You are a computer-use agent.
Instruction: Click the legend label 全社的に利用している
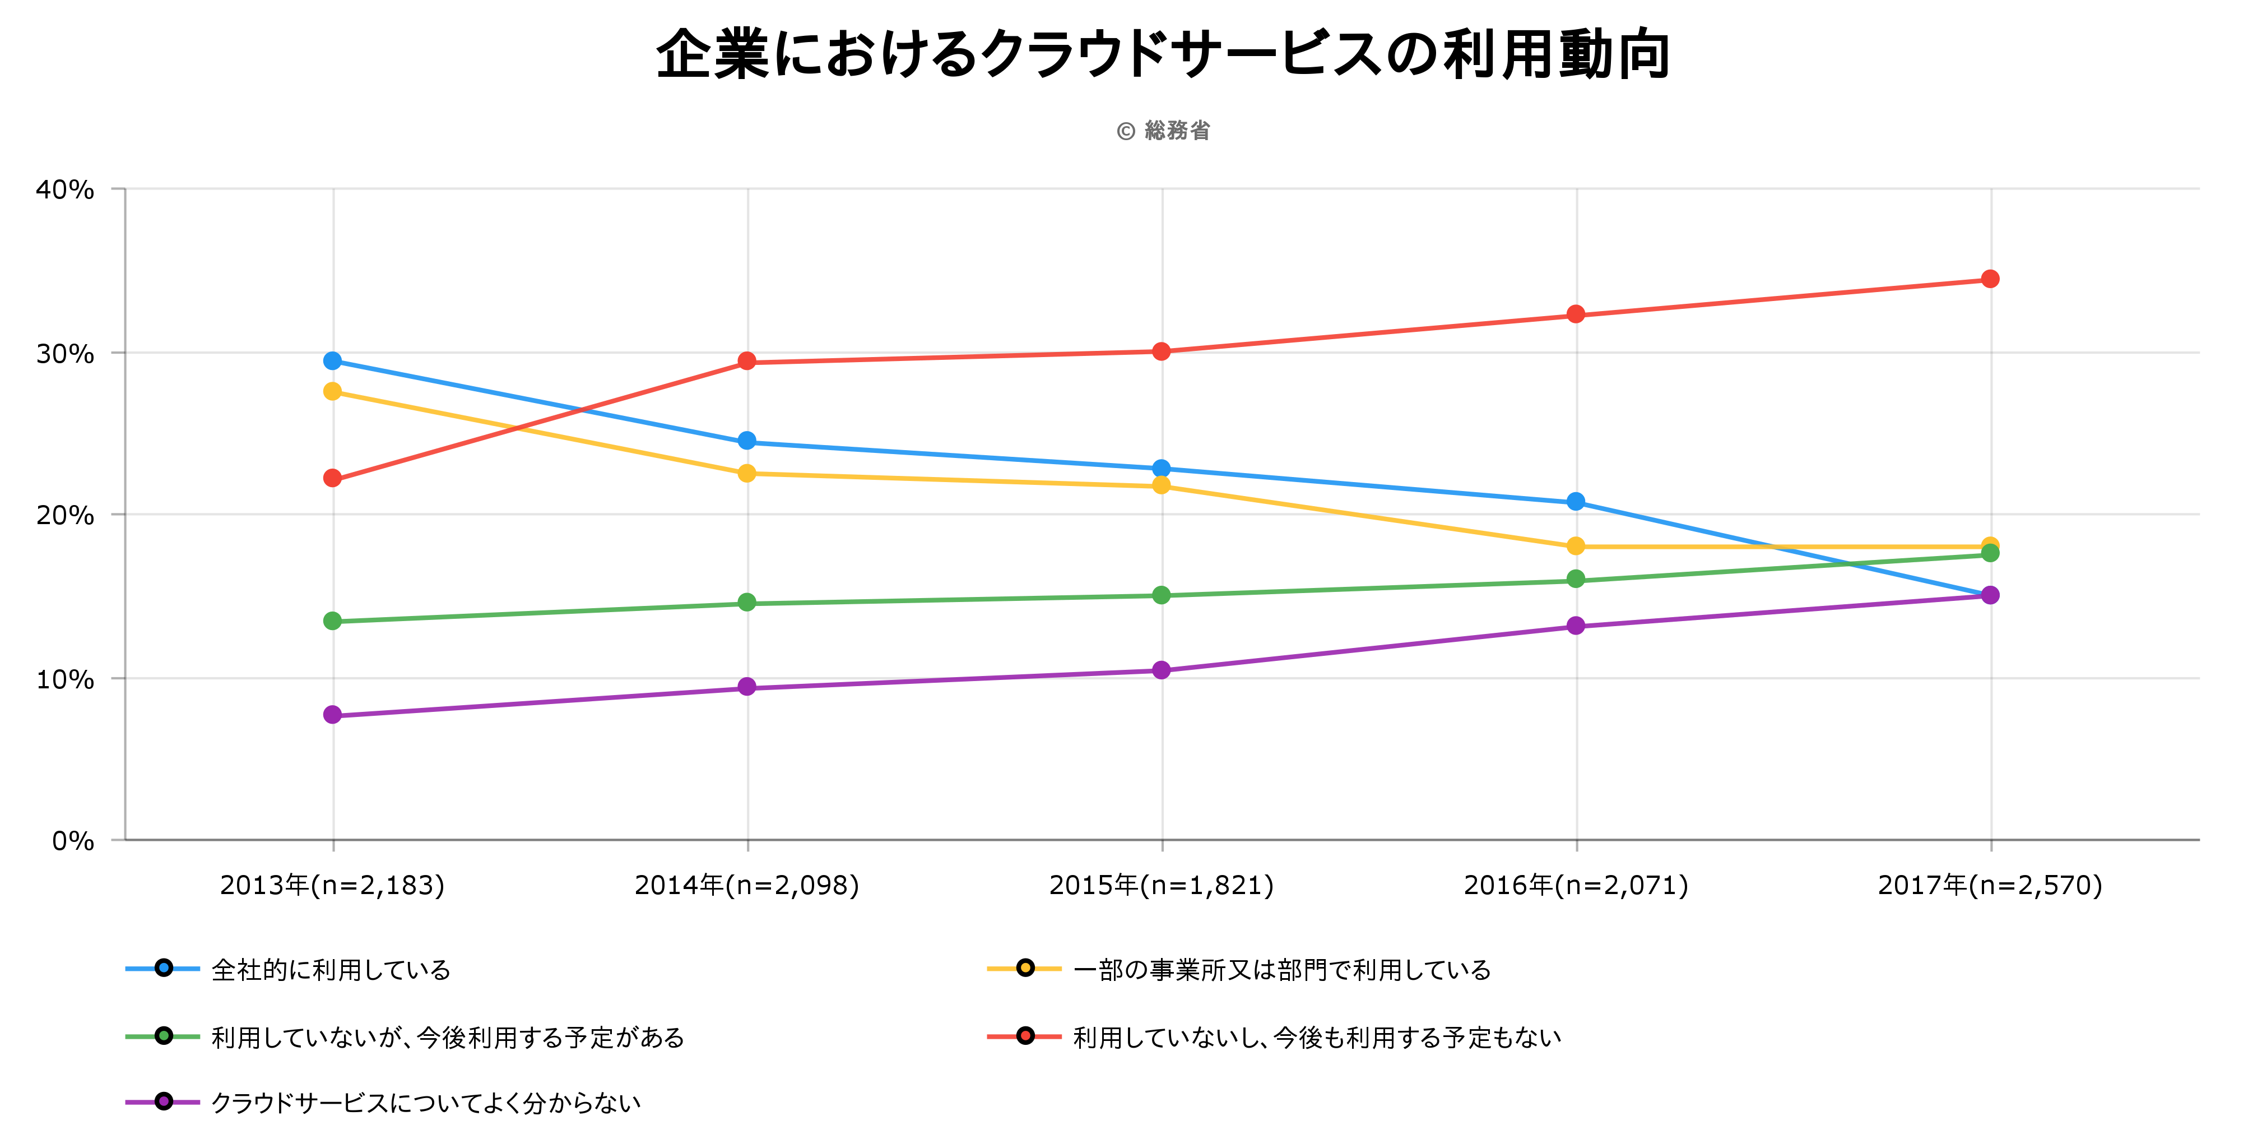[331, 970]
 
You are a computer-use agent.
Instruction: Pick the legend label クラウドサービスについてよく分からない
[426, 1104]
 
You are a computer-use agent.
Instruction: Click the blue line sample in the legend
[163, 968]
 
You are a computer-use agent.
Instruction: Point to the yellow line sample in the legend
[1024, 968]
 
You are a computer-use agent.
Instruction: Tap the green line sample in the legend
[163, 1036]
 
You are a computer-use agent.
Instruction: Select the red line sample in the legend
[1024, 1036]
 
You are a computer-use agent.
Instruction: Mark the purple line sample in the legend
[163, 1101]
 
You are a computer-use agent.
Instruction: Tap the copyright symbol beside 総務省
[1126, 132]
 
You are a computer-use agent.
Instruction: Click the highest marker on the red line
[1990, 279]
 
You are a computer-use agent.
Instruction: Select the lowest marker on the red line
[332, 478]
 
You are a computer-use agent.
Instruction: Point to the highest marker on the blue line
[332, 360]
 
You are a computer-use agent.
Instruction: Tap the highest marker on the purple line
[1990, 595]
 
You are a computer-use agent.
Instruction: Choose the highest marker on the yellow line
[332, 391]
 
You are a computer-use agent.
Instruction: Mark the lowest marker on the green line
[332, 621]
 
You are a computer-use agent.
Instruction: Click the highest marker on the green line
[1990, 553]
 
